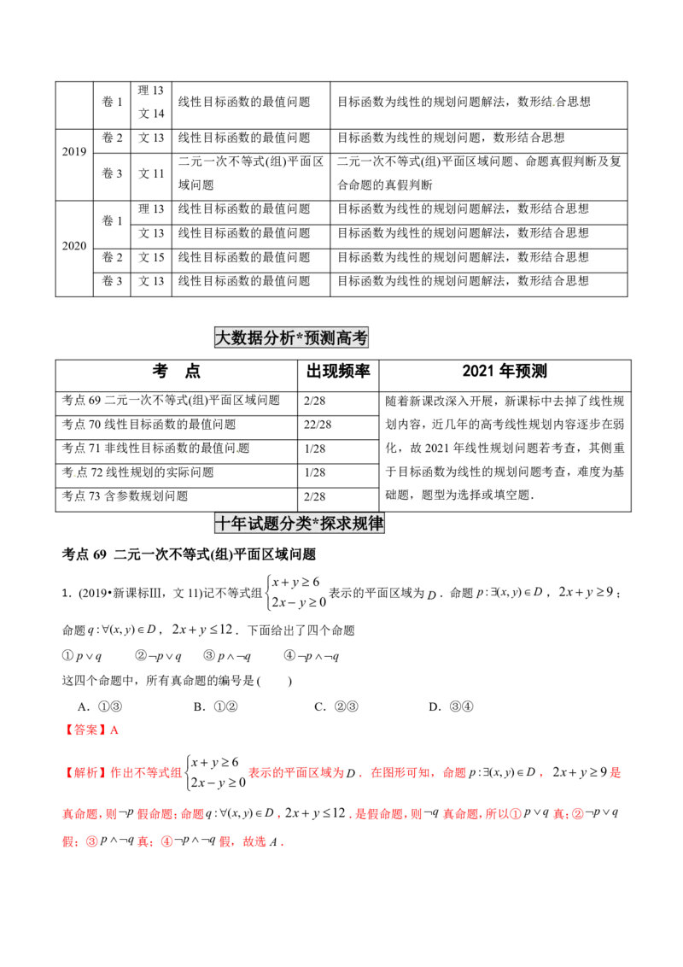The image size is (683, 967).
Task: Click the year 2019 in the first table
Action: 74,152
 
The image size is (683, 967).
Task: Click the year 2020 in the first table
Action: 74,246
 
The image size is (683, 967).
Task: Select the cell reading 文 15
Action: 151,257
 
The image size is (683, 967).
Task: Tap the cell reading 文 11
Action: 151,174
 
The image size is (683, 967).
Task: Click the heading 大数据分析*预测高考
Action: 291,337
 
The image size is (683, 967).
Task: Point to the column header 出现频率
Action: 338,372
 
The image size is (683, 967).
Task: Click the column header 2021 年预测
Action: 505,372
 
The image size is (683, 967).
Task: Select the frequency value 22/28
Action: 318,425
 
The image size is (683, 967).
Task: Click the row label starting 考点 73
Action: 125,495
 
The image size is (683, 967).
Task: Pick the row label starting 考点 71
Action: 155,448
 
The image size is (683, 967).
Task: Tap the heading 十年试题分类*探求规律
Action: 299,523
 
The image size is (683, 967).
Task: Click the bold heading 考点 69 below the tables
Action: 189,554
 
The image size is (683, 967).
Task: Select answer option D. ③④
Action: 452,706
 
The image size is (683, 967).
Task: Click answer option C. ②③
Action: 336,706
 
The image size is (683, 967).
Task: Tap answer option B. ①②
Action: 216,706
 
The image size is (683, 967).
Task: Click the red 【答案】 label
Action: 85,730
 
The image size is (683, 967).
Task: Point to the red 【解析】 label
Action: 85,773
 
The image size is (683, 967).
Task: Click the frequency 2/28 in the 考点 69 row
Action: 314,401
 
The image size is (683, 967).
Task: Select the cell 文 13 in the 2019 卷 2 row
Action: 151,138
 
